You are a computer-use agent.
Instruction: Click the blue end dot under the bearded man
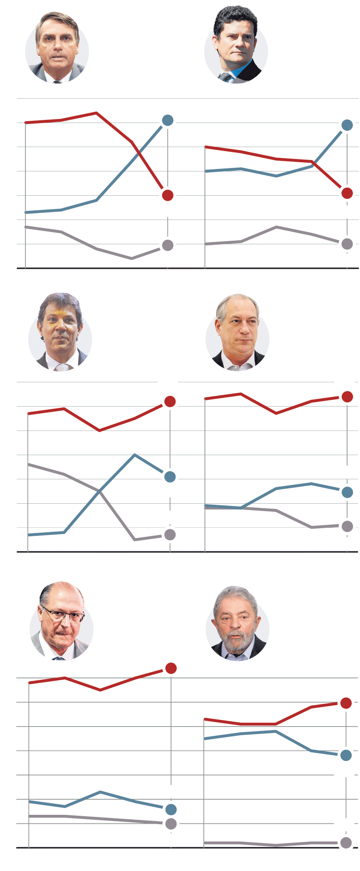click(x=346, y=755)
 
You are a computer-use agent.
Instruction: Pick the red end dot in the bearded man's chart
click(x=346, y=703)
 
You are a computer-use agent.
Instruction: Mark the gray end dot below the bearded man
click(x=346, y=842)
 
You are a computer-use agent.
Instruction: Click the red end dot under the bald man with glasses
click(x=171, y=668)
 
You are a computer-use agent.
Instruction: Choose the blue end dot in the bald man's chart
click(x=171, y=809)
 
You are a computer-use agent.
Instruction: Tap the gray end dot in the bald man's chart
click(x=171, y=824)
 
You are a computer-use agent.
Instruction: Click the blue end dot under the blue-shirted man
click(x=347, y=125)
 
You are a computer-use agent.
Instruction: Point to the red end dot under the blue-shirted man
click(x=347, y=193)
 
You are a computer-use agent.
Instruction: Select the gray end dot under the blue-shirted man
click(x=347, y=244)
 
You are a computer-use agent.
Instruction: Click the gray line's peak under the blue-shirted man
click(x=276, y=227)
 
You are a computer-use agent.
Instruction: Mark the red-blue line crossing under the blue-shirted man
click(x=315, y=164)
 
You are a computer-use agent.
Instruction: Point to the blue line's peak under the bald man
click(x=101, y=792)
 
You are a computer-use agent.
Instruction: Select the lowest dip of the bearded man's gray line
click(x=276, y=845)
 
